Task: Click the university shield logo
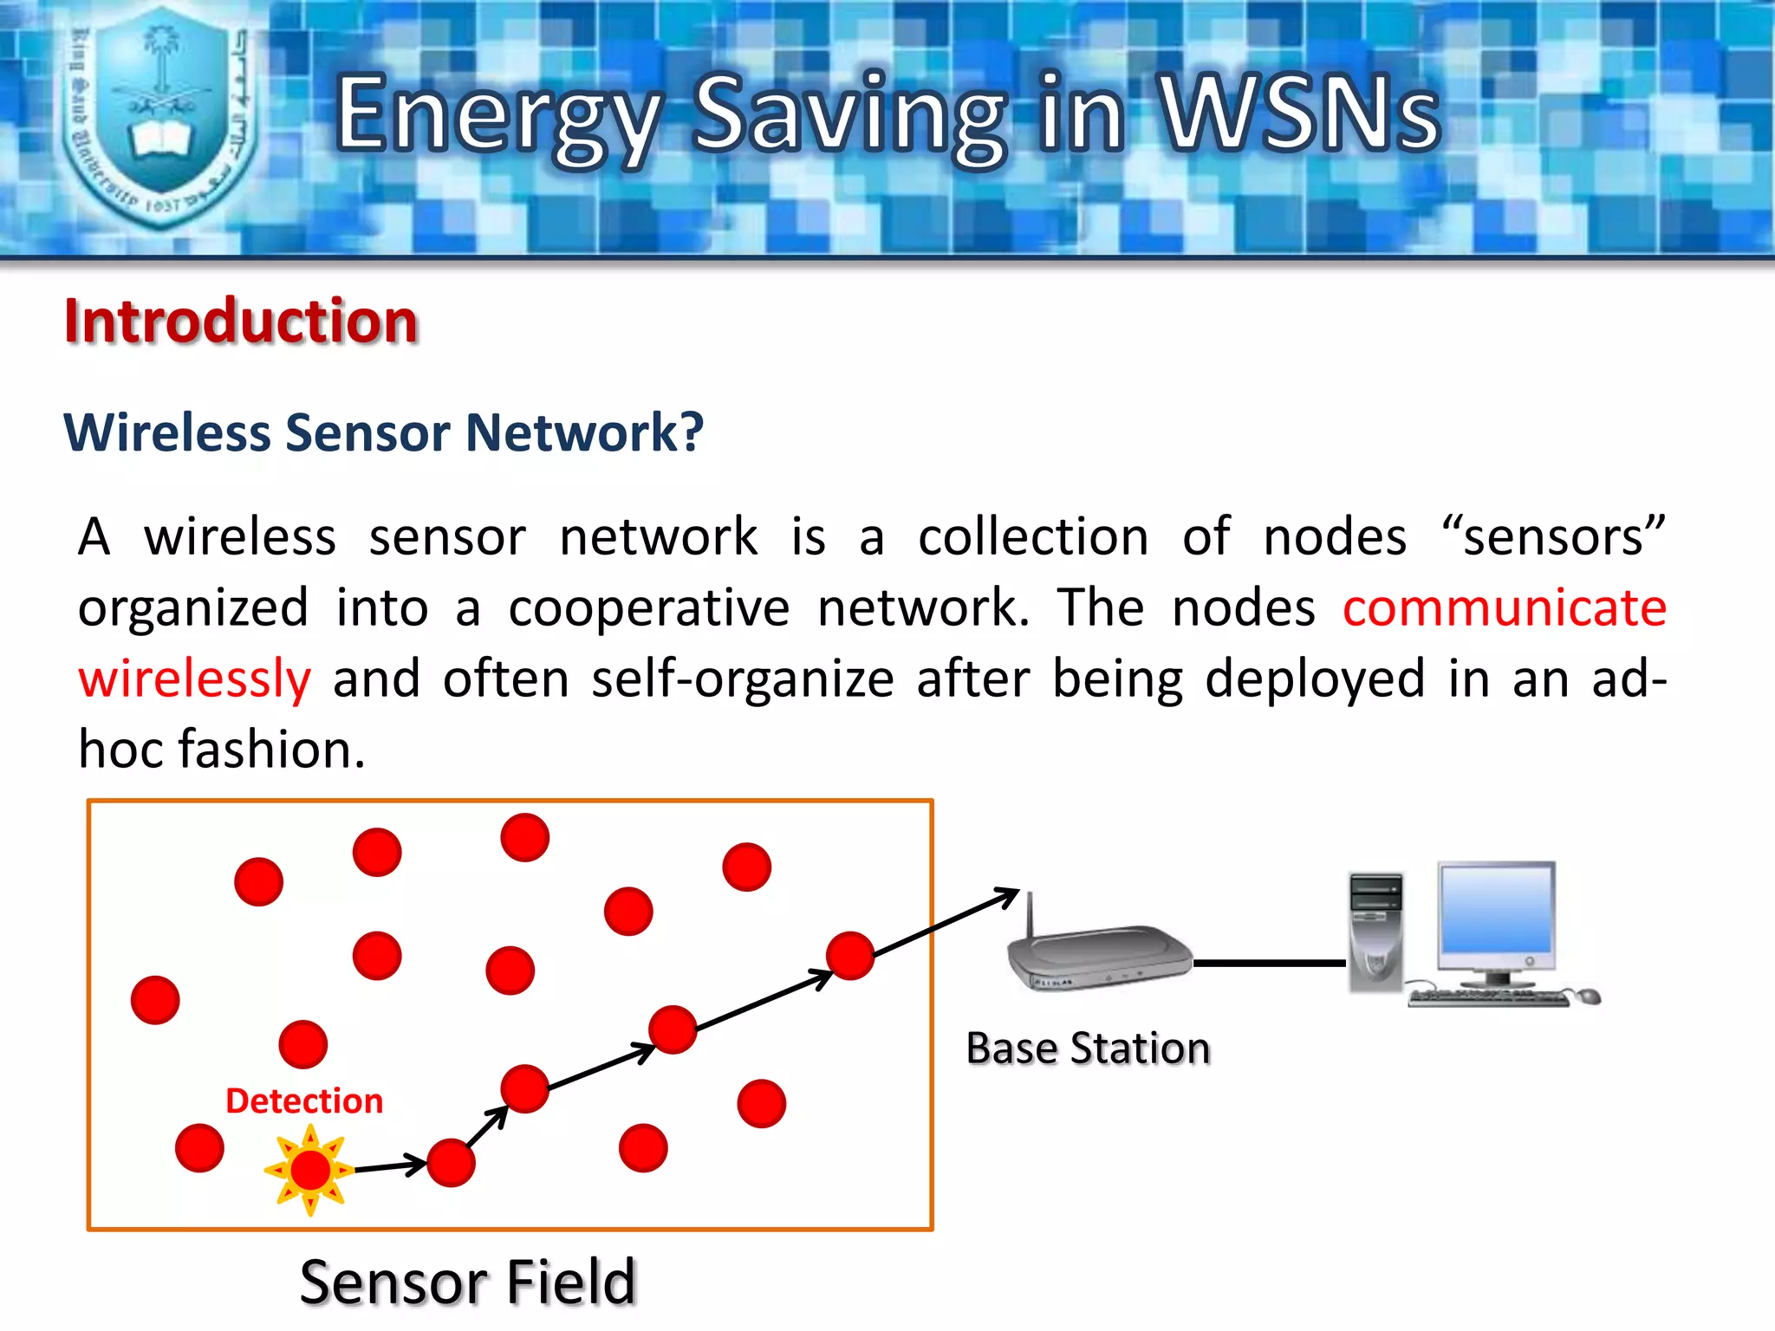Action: [160, 117]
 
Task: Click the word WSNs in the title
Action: [1300, 113]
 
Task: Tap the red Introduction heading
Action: [241, 321]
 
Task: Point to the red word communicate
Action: [1504, 607]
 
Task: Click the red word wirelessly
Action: [194, 678]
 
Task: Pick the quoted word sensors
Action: [1552, 537]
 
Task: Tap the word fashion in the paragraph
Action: [270, 749]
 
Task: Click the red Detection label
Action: [304, 1101]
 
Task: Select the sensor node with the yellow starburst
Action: [310, 1170]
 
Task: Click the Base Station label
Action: [1088, 1049]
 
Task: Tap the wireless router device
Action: [1099, 958]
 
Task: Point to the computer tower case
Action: [1375, 932]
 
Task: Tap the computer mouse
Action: [1589, 997]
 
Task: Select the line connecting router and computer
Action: [1270, 963]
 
